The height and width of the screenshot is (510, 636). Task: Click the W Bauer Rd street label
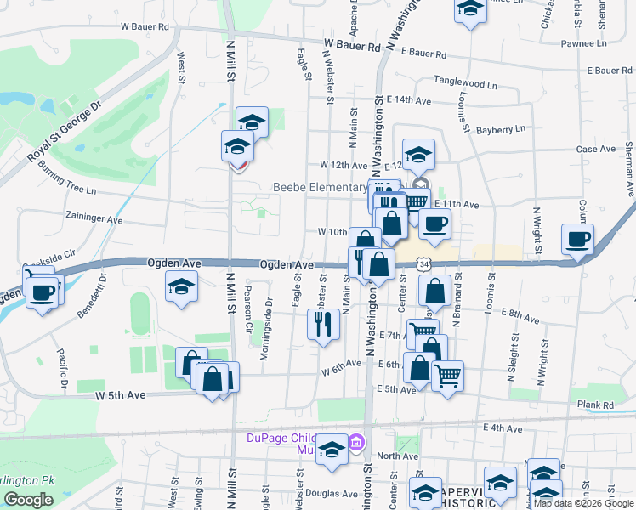point(145,27)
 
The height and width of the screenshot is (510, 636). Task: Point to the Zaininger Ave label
point(95,218)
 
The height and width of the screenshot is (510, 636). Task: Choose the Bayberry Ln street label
point(502,130)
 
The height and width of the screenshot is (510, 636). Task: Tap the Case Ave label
point(595,149)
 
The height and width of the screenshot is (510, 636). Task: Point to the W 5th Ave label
point(120,395)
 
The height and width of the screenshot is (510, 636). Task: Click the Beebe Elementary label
point(319,187)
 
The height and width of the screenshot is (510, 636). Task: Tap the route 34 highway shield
point(423,265)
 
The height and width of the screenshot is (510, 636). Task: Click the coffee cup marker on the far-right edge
point(577,241)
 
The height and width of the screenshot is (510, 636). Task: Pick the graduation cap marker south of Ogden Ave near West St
point(182,289)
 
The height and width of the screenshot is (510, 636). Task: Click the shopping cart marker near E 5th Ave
point(446,374)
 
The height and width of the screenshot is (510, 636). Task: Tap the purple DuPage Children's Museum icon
point(355,442)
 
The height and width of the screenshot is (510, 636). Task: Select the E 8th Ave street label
point(518,318)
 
